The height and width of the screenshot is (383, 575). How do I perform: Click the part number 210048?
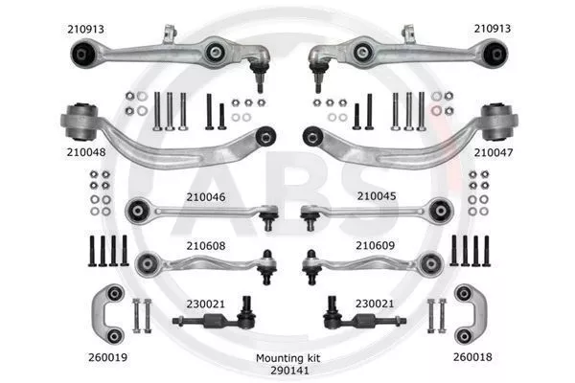86,152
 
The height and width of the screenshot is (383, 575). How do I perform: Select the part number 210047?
494,152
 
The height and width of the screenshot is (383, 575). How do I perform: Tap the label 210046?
206,197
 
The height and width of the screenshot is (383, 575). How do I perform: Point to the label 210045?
377,196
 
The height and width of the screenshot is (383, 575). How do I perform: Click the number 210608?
206,245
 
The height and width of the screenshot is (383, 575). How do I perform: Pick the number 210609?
375,245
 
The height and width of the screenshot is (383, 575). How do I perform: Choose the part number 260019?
107,357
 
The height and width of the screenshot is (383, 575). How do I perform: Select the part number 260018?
472,357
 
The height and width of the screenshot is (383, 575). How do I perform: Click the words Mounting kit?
287,358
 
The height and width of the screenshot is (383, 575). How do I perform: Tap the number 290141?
289,371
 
